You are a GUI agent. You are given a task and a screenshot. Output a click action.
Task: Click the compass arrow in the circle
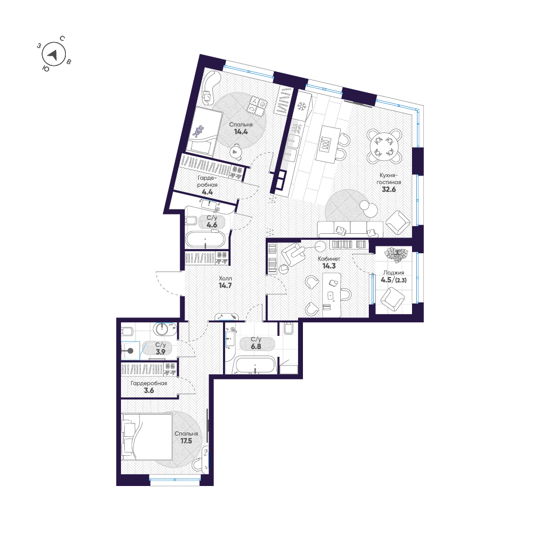coord(52,55)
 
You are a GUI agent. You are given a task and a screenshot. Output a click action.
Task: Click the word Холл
coord(225,279)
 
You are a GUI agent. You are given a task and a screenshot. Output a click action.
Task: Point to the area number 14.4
coord(240,131)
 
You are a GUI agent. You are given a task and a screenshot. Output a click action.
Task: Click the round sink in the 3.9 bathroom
coord(162,328)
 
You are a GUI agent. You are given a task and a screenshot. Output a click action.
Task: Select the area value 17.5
coord(186,441)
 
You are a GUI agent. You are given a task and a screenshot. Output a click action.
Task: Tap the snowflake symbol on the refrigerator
coord(302,105)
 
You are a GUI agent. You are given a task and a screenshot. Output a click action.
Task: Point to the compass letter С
coord(63,38)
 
